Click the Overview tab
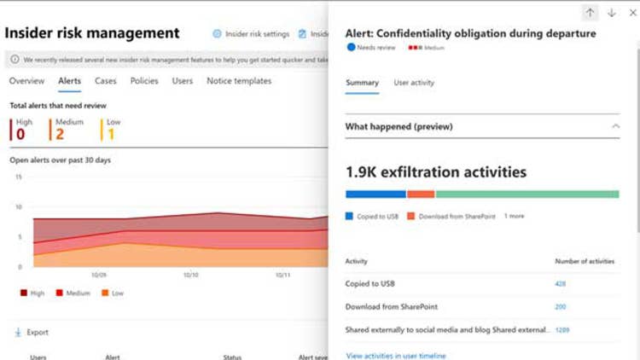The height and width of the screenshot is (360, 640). [x=26, y=81]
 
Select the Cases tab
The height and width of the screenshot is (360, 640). [x=106, y=81]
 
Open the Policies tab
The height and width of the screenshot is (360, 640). [x=144, y=81]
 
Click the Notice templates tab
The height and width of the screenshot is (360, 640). [x=239, y=81]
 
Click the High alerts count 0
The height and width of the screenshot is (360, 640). [x=20, y=134]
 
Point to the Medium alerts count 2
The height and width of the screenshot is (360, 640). [x=61, y=134]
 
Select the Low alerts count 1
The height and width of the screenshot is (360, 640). [x=111, y=134]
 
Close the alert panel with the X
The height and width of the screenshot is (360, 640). [x=632, y=13]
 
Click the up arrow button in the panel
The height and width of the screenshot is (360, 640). [x=590, y=13]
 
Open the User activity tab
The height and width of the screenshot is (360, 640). [x=414, y=83]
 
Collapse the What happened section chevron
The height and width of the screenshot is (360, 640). [x=616, y=126]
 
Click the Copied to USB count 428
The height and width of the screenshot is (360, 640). [x=561, y=284]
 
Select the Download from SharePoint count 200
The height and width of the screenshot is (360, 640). [x=561, y=307]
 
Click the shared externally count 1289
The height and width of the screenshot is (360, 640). [x=562, y=329]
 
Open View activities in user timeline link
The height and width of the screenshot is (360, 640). [x=396, y=355]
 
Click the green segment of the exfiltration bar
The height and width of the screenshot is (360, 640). [x=527, y=195]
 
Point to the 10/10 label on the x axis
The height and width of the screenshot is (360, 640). [x=190, y=275]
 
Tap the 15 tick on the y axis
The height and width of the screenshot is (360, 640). [x=18, y=177]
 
